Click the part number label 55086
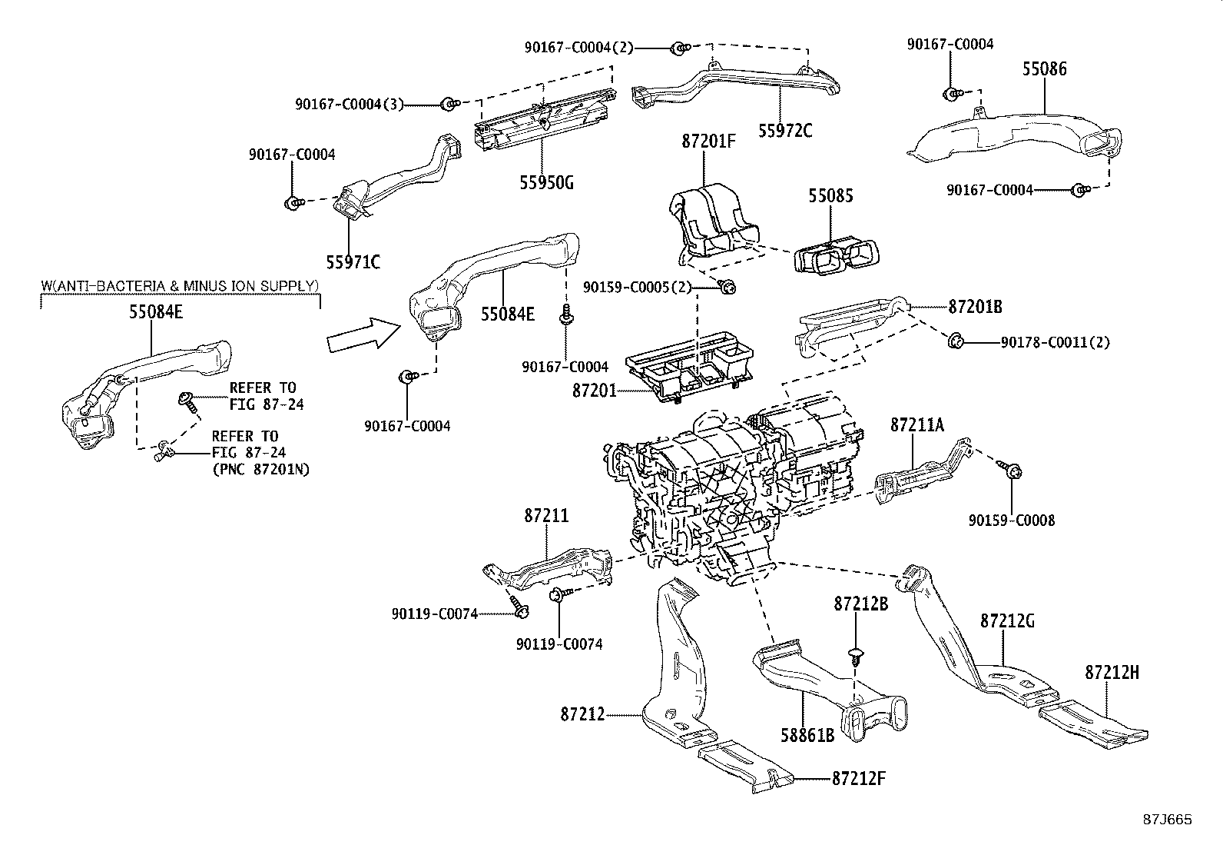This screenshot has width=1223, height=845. [x=1044, y=69]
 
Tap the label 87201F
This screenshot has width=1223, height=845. [x=709, y=141]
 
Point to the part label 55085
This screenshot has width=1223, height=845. [x=830, y=195]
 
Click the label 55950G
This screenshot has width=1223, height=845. [x=546, y=183]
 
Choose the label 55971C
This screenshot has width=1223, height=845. [x=353, y=262]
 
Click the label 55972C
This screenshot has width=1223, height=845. [x=785, y=131]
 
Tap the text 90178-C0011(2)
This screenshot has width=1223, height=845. [x=1055, y=342]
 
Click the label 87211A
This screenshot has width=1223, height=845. [x=917, y=424]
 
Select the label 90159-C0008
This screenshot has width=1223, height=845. [x=1012, y=521]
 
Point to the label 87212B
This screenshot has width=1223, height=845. [x=861, y=604]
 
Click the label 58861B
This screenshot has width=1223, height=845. [x=807, y=736]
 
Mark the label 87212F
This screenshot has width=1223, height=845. [x=859, y=777]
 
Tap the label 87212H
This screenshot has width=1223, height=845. [x=1112, y=673]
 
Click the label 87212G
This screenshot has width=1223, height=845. [x=1007, y=621]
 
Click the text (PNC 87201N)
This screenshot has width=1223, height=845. [x=260, y=469]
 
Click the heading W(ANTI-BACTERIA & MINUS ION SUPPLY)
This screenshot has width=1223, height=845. [x=179, y=286]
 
